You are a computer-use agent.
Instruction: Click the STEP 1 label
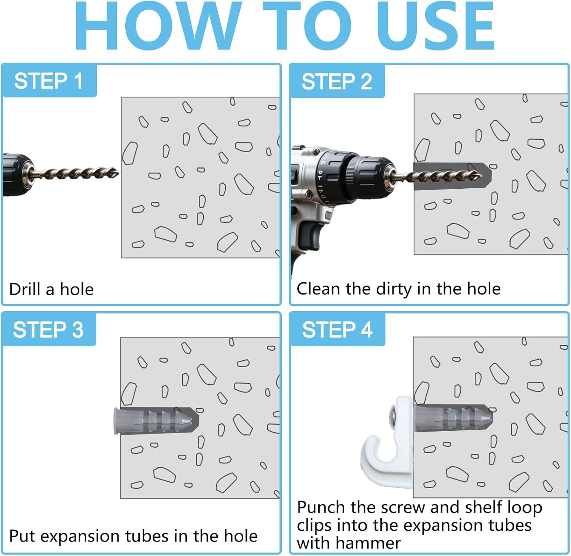tap(48, 81)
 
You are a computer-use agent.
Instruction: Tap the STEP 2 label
tap(337, 81)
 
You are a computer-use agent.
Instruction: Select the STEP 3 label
tap(48, 330)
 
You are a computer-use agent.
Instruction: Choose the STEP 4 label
tap(337, 330)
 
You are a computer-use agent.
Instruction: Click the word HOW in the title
tap(158, 26)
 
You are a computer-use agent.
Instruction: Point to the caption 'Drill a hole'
tap(51, 289)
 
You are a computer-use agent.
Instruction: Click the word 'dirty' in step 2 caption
tap(394, 289)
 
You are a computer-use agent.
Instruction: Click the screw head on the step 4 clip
tap(392, 413)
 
